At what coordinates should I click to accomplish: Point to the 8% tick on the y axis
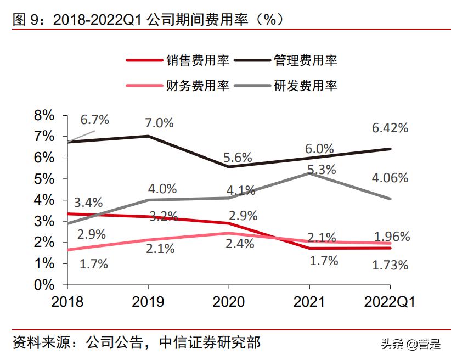44,115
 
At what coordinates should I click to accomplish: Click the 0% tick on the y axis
44,285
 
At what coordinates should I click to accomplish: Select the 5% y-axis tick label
44,179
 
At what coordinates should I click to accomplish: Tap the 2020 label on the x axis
228,302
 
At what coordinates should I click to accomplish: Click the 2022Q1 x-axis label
390,302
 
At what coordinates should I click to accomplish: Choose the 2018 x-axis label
67,302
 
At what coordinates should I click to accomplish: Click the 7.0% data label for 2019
159,123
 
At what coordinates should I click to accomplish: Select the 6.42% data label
390,128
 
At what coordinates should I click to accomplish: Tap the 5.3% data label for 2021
322,170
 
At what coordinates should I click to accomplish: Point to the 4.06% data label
390,178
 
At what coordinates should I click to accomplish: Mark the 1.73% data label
390,265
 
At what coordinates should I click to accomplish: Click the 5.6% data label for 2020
238,157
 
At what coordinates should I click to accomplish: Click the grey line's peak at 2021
309,173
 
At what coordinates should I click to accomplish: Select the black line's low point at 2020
229,167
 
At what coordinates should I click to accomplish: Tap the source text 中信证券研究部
210,343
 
